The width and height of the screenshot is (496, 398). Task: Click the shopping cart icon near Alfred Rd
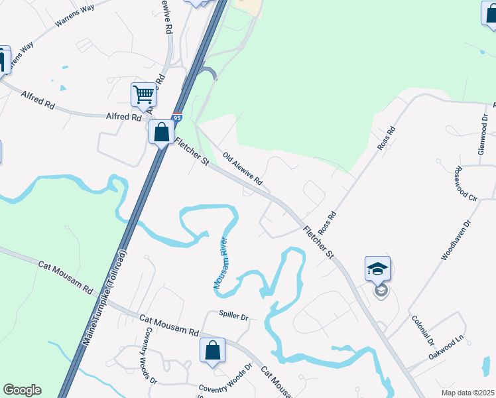pos(143,96)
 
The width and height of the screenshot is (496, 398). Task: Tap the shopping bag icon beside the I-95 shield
pos(161,131)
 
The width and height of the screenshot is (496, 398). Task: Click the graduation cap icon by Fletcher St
pos(377,269)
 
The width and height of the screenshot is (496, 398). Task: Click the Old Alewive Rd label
pos(243,169)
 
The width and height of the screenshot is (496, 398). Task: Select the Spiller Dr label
pos(233,316)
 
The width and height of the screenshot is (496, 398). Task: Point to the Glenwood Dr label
pos(483,134)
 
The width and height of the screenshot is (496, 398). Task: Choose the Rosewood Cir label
pos(466,184)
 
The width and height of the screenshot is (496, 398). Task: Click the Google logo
pos(22,390)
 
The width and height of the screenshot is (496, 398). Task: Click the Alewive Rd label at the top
pos(167,17)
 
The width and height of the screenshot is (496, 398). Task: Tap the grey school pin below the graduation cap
pos(380,291)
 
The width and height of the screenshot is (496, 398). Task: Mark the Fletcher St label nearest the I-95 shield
pos(192,152)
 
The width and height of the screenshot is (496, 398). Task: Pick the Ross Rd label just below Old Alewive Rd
pos(328,223)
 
